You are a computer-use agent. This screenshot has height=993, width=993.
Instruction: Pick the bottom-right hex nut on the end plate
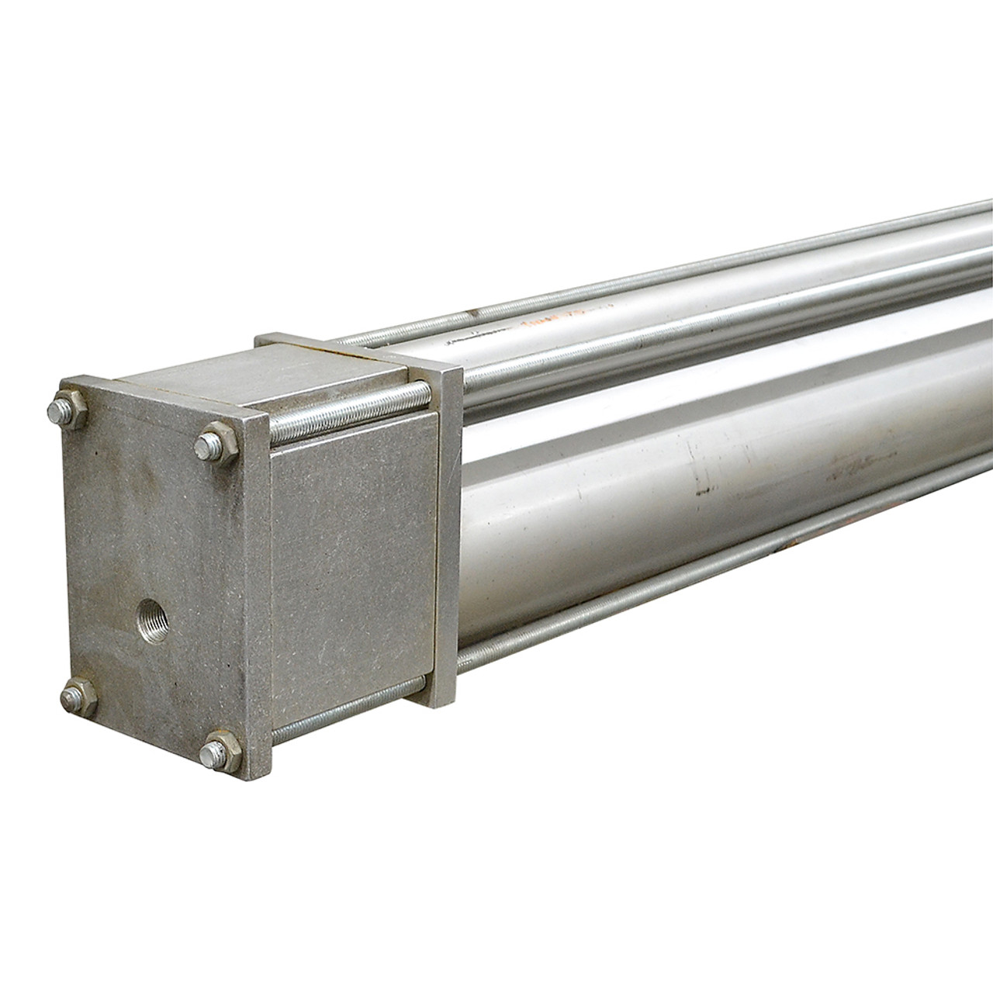(x=217, y=751)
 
